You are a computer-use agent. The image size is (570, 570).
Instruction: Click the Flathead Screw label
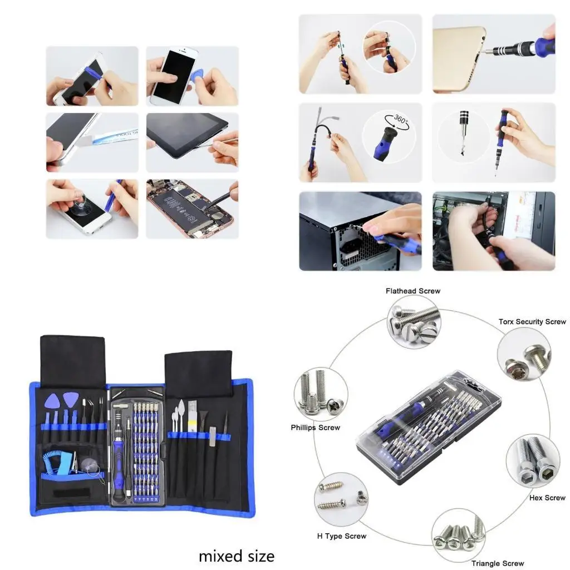tap(412, 291)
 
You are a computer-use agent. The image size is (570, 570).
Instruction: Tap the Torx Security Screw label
tap(532, 322)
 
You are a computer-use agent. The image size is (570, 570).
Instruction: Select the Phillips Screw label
tap(315, 427)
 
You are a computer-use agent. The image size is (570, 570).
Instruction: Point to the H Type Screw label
tap(341, 536)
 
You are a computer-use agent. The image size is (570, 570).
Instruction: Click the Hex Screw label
tap(547, 498)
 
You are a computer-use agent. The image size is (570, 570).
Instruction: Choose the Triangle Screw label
tap(497, 563)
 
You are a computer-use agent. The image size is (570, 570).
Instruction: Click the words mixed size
tap(237, 556)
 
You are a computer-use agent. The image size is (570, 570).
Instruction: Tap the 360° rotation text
tap(401, 119)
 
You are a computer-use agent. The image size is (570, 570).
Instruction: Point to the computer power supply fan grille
tap(356, 245)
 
